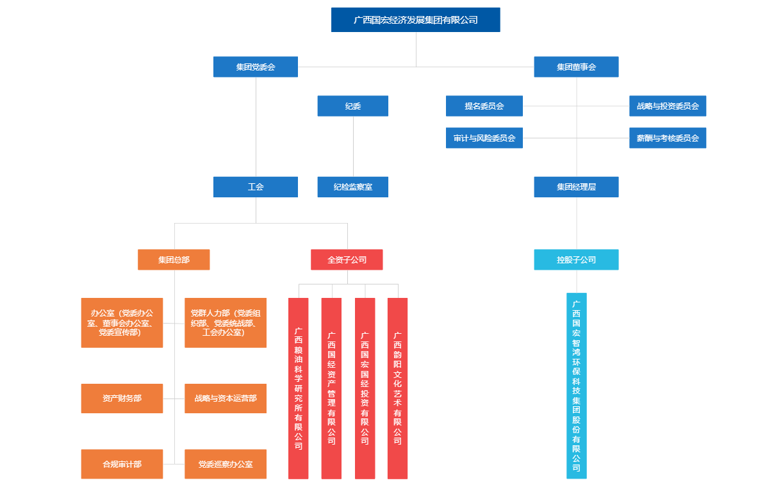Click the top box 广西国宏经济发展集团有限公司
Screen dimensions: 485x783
click(415, 20)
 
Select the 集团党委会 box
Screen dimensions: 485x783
click(255, 67)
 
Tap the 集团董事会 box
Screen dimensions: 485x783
click(576, 67)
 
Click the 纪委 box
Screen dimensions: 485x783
click(352, 106)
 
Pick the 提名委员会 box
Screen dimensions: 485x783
click(484, 106)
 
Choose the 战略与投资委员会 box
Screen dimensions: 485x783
click(667, 106)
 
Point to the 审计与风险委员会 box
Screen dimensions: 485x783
click(484, 138)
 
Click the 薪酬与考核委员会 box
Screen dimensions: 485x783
click(667, 138)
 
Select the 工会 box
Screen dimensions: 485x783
click(255, 187)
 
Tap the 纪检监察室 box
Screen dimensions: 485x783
click(352, 187)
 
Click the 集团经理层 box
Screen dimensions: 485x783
click(576, 187)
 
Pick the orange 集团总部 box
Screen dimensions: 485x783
click(174, 259)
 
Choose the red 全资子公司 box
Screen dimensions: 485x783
click(347, 259)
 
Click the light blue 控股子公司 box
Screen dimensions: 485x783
click(576, 259)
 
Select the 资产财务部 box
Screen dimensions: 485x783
click(122, 399)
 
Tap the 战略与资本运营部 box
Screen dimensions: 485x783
click(226, 399)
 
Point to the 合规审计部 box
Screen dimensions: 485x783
click(122, 464)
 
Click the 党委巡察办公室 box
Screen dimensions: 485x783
click(226, 464)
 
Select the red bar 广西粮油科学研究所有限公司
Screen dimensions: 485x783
click(298, 388)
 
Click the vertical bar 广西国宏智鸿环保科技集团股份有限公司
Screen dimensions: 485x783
click(576, 386)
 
